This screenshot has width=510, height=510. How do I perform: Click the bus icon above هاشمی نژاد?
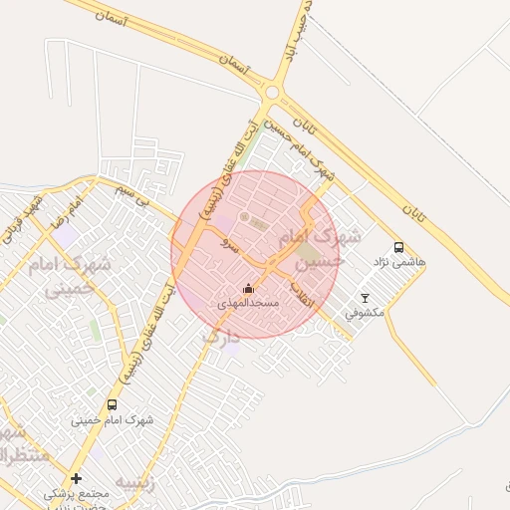click(398, 247)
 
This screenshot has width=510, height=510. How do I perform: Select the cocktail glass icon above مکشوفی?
click(365, 298)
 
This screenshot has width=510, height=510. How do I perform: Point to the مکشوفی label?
click(365, 313)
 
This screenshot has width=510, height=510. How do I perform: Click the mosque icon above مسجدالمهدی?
click(249, 288)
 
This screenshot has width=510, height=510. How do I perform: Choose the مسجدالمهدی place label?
click(249, 302)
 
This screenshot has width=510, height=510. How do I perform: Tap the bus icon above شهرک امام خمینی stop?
click(112, 404)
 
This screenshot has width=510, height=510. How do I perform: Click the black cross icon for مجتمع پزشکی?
click(77, 478)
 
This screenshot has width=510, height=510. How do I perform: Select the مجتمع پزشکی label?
click(75, 493)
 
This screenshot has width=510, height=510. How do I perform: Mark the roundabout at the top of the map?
click(272, 93)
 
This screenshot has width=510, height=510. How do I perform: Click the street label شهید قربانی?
click(22, 220)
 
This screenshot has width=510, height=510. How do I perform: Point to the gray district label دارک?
click(221, 338)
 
